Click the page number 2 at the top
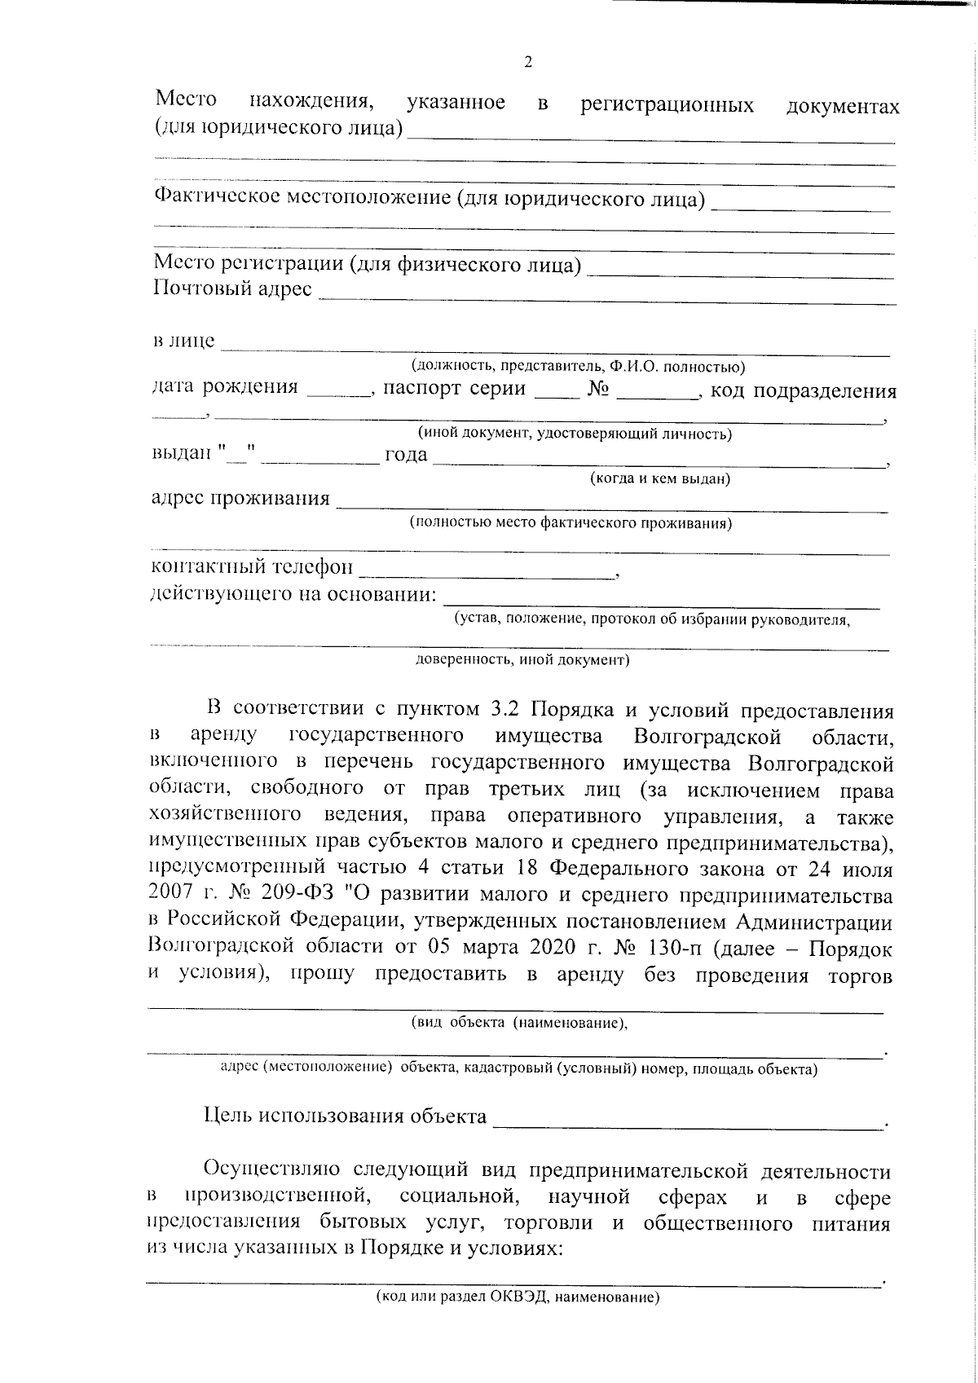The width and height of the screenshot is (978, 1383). [x=528, y=63]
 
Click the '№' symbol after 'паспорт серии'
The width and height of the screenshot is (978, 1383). [x=598, y=389]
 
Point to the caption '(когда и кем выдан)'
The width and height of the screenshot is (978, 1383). [x=659, y=479]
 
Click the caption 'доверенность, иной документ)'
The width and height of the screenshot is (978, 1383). [x=522, y=660]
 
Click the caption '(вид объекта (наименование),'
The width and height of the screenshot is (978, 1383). [x=519, y=1024]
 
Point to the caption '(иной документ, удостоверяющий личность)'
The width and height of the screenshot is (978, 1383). [x=574, y=434]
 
